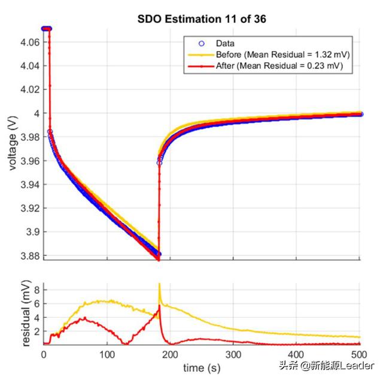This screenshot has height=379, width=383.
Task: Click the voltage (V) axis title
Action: [x=13, y=143]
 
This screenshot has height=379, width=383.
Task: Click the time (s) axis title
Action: [x=201, y=367]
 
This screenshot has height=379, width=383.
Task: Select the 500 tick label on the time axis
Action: [x=359, y=355]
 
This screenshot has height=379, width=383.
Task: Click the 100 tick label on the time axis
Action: [x=107, y=355]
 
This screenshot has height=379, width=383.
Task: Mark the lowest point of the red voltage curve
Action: [x=159, y=260]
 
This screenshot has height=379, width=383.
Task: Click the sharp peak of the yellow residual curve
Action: [x=159, y=284]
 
